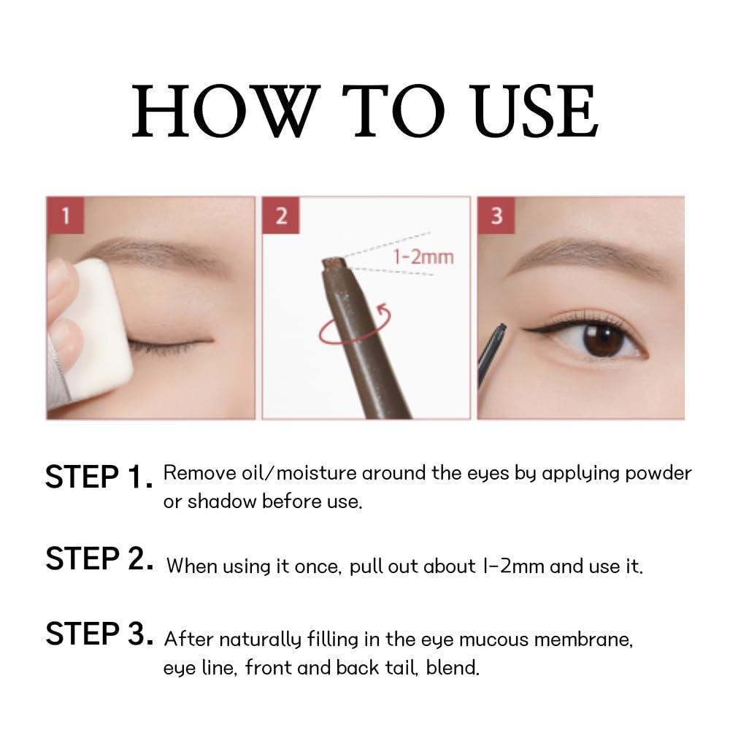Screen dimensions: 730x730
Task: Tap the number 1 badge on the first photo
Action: (66, 216)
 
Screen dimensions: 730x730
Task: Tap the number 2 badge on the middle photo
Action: (282, 216)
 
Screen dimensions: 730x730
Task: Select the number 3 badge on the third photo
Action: (497, 216)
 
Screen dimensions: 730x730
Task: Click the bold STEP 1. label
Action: (99, 477)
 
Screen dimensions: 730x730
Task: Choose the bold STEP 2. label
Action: (99, 559)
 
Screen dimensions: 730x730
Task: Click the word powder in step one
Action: (655, 473)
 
